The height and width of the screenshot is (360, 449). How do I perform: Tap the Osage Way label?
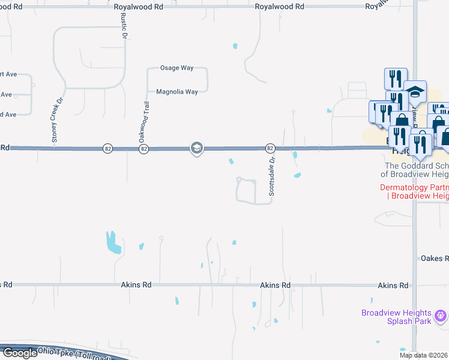(x=176, y=68)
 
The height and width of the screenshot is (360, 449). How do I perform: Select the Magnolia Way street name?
(x=177, y=92)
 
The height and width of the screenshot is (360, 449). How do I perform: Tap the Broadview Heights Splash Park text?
(x=396, y=317)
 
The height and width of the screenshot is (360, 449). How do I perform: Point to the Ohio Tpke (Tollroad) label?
(x=66, y=351)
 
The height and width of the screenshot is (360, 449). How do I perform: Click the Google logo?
(x=19, y=353)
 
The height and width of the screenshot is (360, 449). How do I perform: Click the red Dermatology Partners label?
(x=414, y=191)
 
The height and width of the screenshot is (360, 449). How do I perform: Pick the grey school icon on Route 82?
(x=196, y=148)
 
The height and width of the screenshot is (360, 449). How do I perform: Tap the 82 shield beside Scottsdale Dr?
(x=270, y=148)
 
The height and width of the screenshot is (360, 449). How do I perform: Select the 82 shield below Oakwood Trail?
(x=143, y=148)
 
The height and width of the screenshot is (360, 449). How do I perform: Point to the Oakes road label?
(x=434, y=258)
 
